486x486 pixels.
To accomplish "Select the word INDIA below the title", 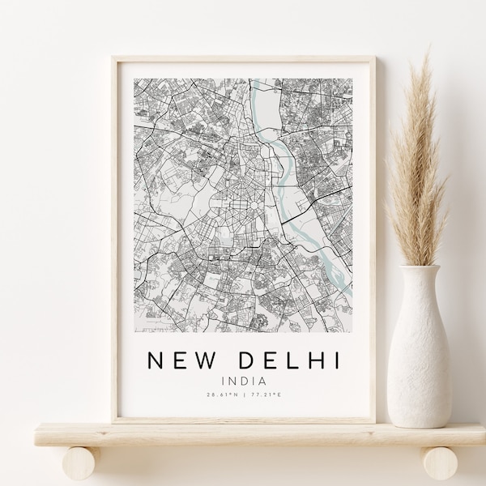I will pyautogui.click(x=244, y=378).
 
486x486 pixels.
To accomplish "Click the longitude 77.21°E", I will pyautogui.click(x=269, y=395).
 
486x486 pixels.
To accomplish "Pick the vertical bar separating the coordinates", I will pyautogui.click(x=244, y=395).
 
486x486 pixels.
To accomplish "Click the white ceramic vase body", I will pyautogui.click(x=420, y=348).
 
